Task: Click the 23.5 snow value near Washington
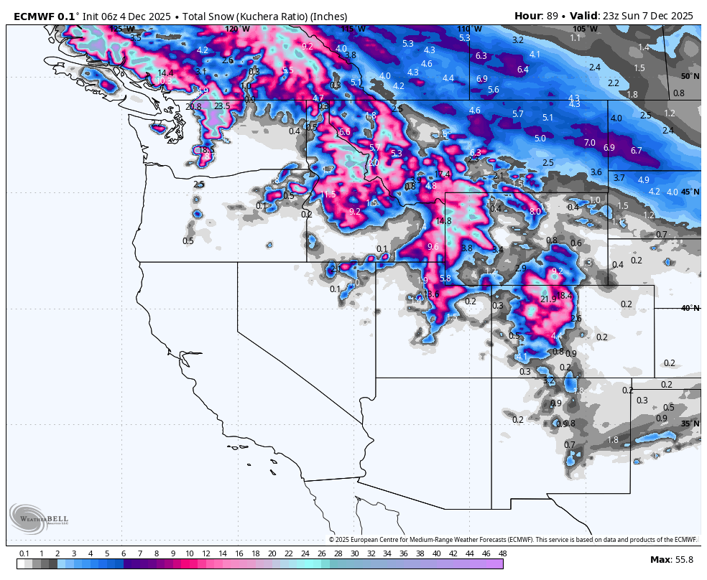[222, 106]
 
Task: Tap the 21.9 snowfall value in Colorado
[548, 299]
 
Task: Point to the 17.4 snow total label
[443, 174]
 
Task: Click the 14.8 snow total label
[443, 221]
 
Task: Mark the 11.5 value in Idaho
[328, 195]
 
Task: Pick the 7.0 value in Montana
[589, 143]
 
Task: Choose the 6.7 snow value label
[636, 151]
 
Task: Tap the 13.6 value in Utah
[431, 294]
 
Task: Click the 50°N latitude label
[690, 76]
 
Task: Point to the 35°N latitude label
[690, 424]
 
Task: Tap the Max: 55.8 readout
[672, 560]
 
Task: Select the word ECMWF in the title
[33, 16]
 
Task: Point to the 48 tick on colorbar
[502, 553]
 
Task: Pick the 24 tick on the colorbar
[305, 553]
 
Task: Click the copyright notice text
[513, 540]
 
